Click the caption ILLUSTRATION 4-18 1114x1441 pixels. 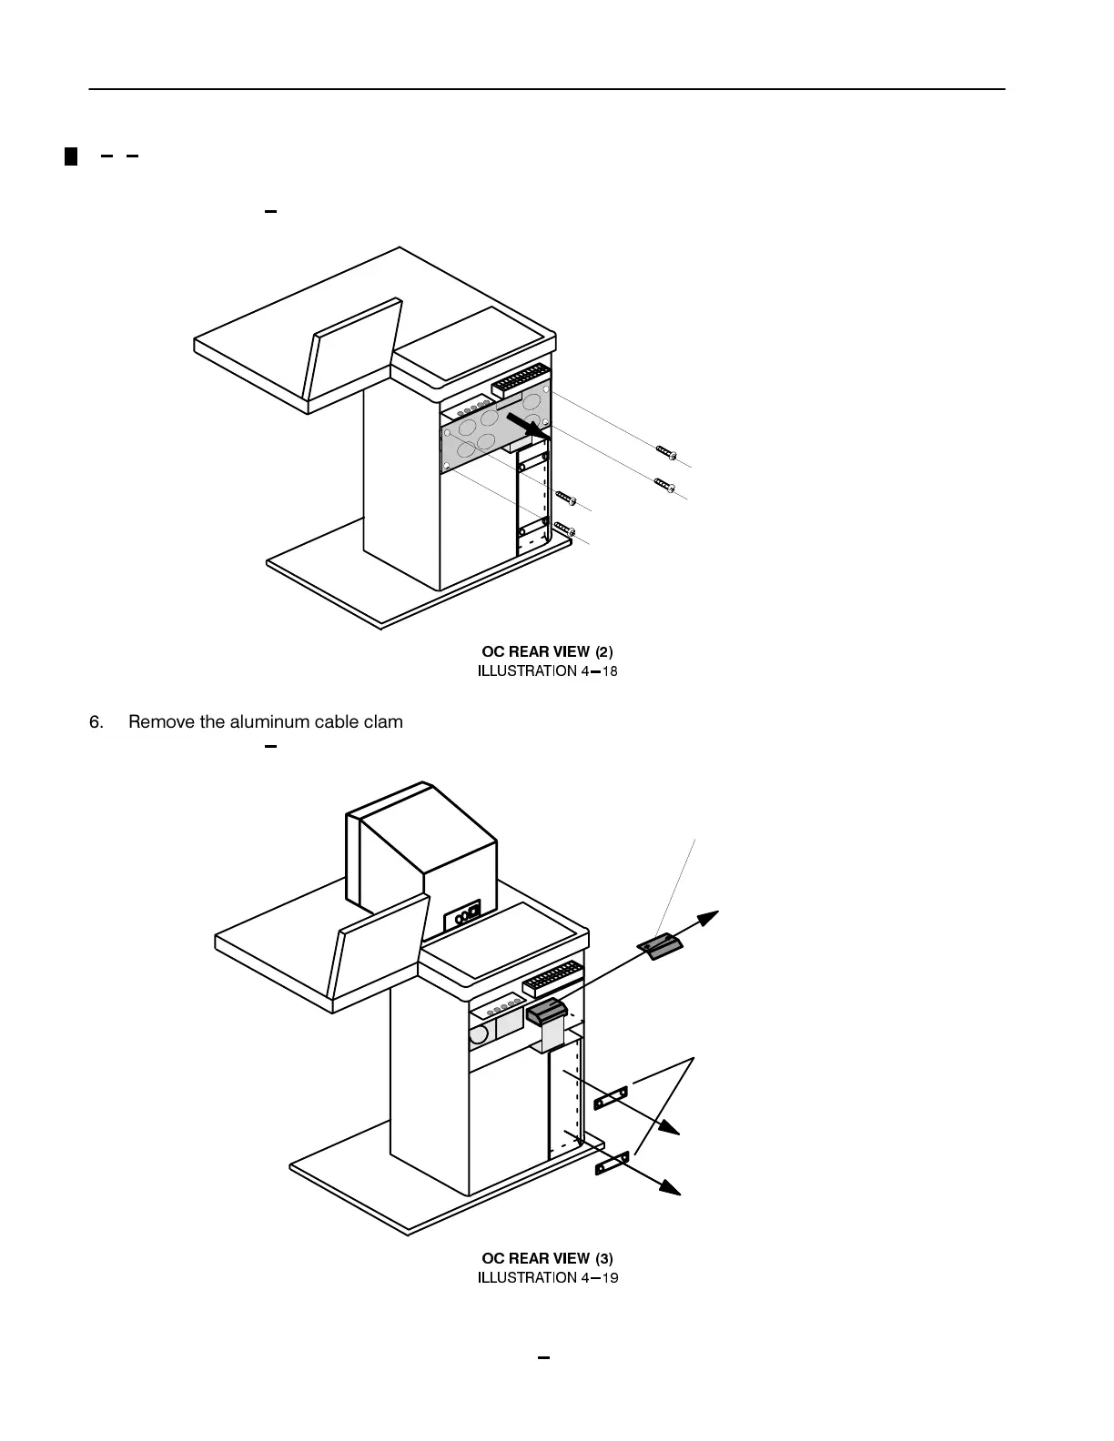point(548,671)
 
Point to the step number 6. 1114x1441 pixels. point(96,722)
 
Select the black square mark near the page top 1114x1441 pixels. point(70,156)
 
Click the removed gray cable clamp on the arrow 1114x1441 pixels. point(661,947)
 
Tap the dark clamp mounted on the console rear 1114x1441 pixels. point(548,1011)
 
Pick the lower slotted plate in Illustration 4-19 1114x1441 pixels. point(612,1163)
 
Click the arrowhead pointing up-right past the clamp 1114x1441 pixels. point(708,917)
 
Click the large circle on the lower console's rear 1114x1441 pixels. point(478,1034)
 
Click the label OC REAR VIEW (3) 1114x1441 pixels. point(547,1258)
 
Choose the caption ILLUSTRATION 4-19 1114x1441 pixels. point(548,1278)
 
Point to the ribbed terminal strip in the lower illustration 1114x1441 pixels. point(552,976)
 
